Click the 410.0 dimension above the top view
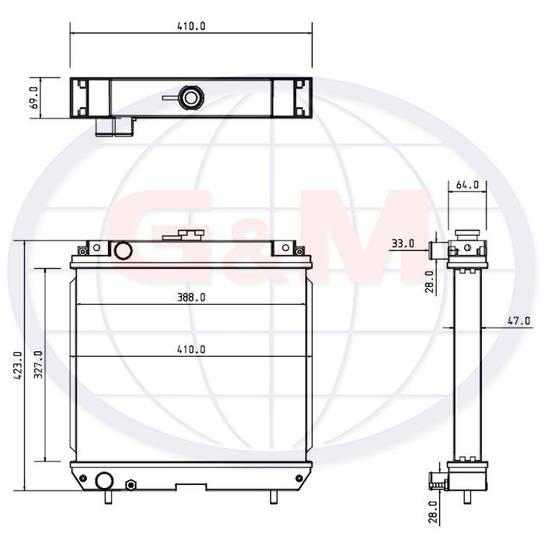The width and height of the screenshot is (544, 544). (x=191, y=26)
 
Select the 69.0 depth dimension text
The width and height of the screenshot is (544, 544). (x=34, y=98)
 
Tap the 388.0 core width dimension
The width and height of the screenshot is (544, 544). (x=191, y=298)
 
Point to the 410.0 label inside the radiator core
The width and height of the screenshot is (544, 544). (x=191, y=349)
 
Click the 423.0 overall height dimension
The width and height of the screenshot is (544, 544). (x=18, y=365)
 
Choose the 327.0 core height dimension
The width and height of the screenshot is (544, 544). (x=39, y=364)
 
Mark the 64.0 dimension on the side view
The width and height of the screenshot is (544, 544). (x=467, y=185)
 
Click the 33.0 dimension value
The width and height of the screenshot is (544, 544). (x=403, y=243)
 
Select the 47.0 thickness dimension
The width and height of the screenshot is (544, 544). (x=519, y=321)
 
